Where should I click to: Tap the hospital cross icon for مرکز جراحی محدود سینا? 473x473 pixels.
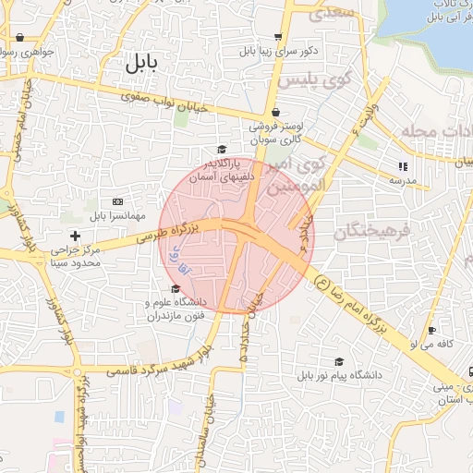click(75, 236)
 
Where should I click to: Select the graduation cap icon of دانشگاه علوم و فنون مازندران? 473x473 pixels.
click(176, 289)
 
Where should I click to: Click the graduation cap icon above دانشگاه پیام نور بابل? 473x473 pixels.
click(339, 362)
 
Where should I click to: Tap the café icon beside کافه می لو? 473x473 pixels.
click(431, 332)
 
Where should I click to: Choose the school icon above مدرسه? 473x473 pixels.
click(402, 166)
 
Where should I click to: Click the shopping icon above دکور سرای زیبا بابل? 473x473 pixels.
click(276, 37)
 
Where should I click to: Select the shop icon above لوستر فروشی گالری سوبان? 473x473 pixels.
click(276, 113)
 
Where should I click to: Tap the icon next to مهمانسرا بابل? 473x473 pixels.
click(117, 200)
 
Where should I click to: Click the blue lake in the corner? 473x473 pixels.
click(434, 32)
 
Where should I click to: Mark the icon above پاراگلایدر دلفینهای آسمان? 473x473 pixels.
click(221, 150)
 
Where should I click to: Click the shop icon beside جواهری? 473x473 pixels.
click(19, 38)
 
